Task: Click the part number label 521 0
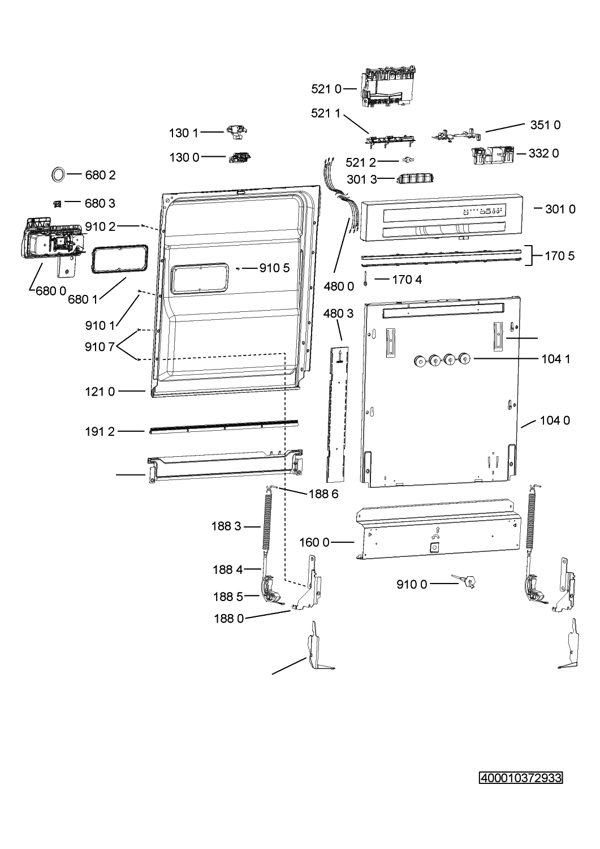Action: [x=326, y=88]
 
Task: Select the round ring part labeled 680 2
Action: [x=58, y=175]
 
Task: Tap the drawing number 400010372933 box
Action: [x=521, y=778]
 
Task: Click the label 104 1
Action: [x=555, y=358]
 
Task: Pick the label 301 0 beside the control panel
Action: [x=560, y=209]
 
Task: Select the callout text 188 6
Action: [x=323, y=494]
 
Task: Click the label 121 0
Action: [x=100, y=391]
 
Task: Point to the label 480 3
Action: [x=339, y=314]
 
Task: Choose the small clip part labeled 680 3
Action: [x=57, y=203]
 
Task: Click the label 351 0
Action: [x=545, y=125]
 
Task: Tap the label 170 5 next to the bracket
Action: [x=559, y=256]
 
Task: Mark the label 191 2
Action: [x=100, y=432]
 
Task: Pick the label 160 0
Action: [x=314, y=542]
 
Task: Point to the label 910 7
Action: [x=100, y=346]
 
